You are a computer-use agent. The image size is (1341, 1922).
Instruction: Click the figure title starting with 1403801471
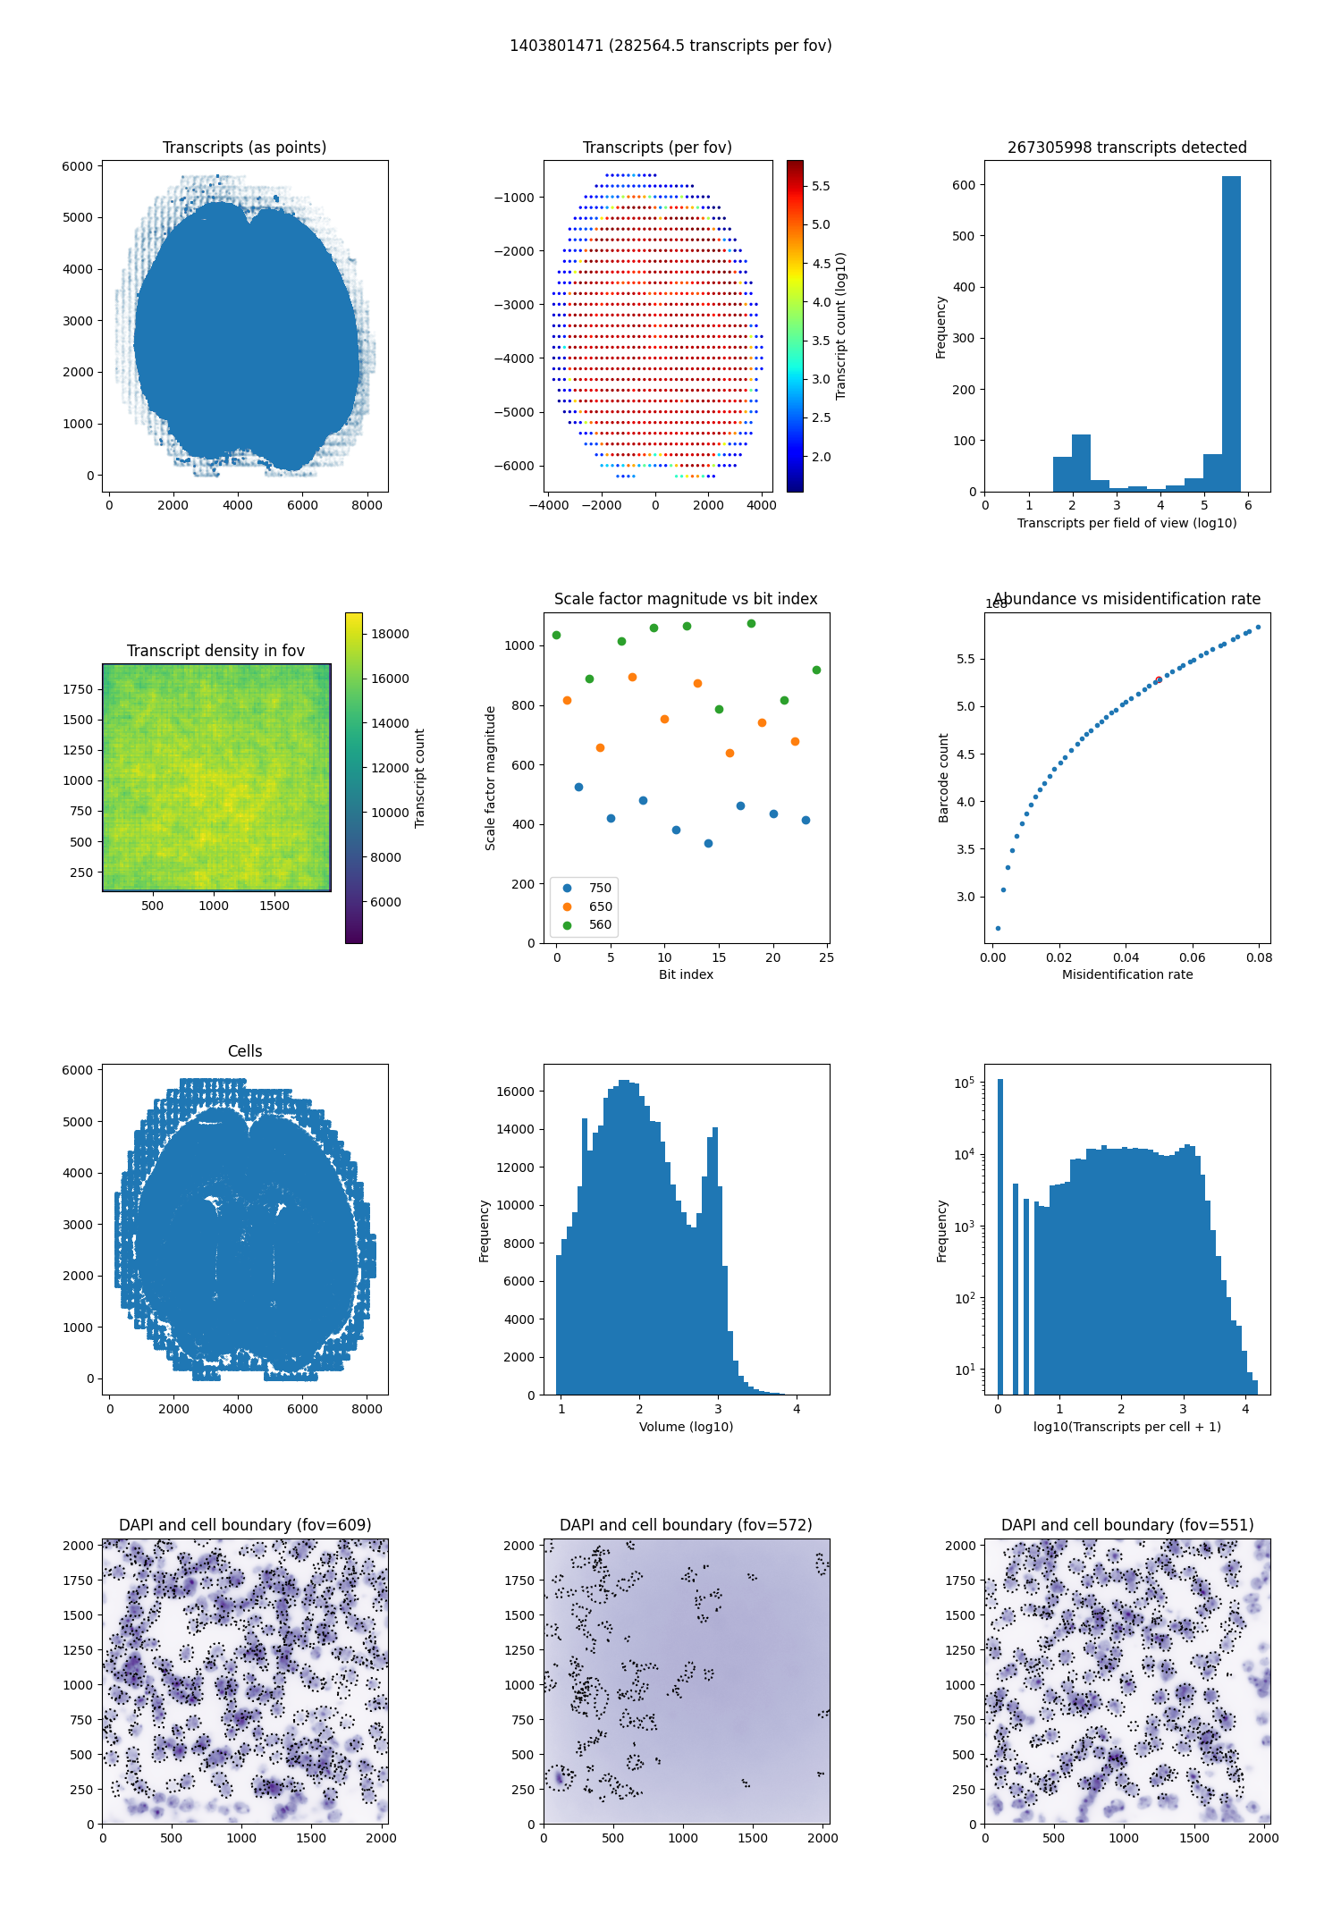670,46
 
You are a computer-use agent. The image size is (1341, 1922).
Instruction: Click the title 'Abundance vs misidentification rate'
1127,599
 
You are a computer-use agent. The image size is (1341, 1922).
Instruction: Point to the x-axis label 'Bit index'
686,974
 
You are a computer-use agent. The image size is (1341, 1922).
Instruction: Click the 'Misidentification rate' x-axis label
1127,974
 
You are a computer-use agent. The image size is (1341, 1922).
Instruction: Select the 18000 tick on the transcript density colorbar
390,634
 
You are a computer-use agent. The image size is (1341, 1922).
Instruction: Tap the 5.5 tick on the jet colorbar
821,186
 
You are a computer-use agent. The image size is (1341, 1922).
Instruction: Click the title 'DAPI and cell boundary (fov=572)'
686,1525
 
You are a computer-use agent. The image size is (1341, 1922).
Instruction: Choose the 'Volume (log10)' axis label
686,1427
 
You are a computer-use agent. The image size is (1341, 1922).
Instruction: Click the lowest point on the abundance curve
998,928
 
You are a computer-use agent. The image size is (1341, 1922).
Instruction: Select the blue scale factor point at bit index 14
708,843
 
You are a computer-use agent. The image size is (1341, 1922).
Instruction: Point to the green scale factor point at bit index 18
751,623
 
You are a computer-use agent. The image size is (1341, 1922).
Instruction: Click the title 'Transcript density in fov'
215,651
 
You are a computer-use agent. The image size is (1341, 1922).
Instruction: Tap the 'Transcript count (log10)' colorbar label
840,326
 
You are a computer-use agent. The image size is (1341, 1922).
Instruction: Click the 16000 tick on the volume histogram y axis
515,1092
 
